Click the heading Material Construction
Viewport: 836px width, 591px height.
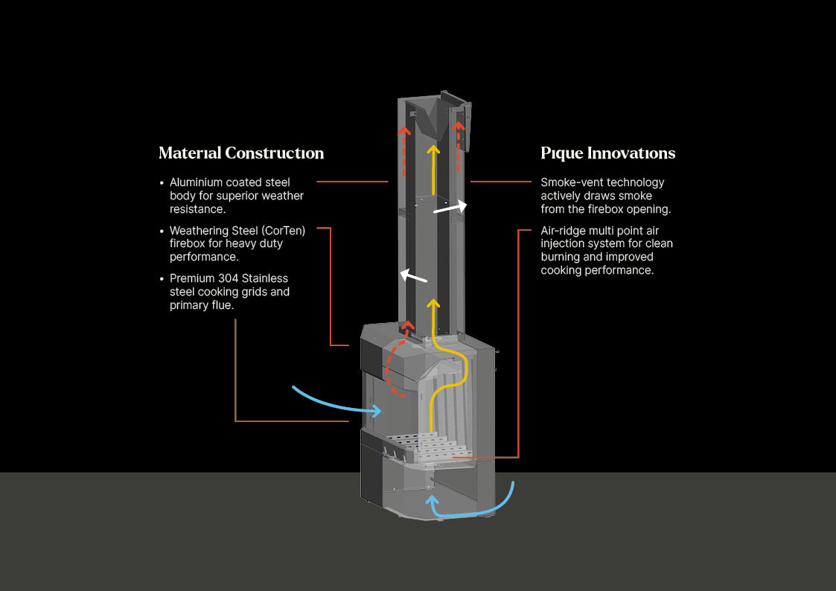coord(241,153)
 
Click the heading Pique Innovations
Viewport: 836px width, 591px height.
coord(607,153)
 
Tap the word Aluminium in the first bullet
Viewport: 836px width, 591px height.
coord(197,182)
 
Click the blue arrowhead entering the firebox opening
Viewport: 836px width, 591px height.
coord(377,410)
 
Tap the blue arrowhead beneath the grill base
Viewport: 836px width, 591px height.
coord(432,500)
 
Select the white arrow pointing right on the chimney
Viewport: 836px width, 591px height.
coord(450,208)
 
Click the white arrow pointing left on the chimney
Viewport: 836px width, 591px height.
coord(414,275)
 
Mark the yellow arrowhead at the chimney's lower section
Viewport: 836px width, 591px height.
coord(433,304)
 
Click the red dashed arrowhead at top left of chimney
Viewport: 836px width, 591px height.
coord(405,130)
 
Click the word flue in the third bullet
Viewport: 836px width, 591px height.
coord(222,305)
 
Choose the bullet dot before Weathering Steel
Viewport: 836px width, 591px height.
coord(162,231)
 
